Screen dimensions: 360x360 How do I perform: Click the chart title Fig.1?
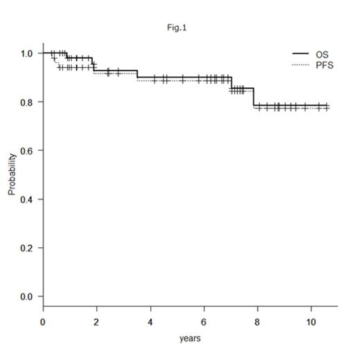(x=179, y=28)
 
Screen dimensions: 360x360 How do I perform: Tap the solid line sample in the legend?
(x=301, y=53)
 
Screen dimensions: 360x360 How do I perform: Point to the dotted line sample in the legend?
(x=301, y=64)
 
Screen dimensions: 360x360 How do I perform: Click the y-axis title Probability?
(x=12, y=174)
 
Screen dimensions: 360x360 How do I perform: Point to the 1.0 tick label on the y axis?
(x=26, y=53)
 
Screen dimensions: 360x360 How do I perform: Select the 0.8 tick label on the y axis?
(x=26, y=102)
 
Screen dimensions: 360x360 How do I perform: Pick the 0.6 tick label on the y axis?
(x=26, y=150)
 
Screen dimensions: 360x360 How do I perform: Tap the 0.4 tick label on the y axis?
(x=26, y=199)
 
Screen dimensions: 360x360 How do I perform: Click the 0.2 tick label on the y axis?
(x=26, y=248)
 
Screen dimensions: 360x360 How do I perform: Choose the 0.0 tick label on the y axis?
(x=26, y=296)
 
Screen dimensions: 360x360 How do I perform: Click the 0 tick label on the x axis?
(x=43, y=322)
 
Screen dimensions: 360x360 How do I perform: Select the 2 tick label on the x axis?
(x=96, y=322)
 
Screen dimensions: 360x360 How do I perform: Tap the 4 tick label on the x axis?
(x=150, y=322)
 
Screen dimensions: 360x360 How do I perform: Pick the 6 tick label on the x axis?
(x=204, y=322)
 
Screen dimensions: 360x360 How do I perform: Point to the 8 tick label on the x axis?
(x=258, y=322)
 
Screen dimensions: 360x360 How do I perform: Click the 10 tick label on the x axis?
(x=311, y=322)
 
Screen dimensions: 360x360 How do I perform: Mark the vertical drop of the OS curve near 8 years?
(x=253, y=97)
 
